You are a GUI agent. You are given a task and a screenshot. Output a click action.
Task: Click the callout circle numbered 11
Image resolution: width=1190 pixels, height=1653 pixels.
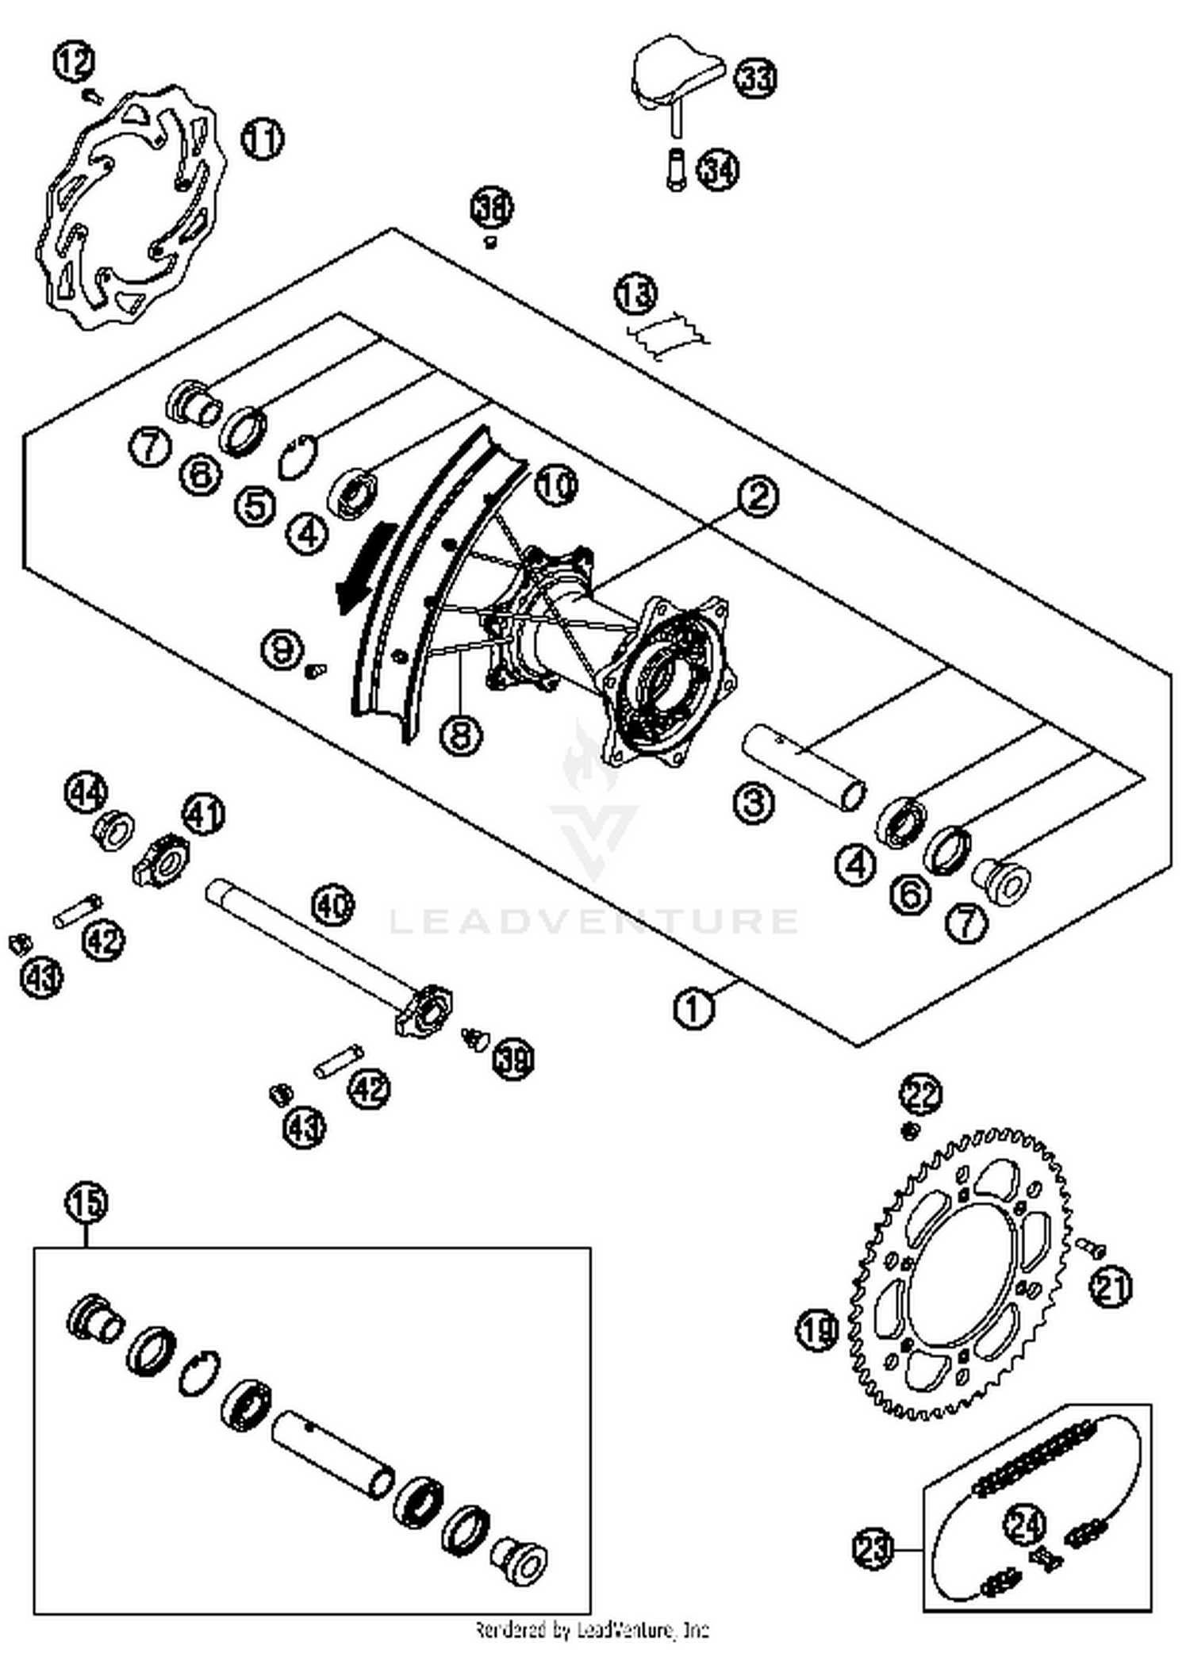coord(263,140)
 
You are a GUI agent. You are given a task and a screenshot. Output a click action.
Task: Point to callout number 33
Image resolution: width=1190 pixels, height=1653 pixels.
coord(754,78)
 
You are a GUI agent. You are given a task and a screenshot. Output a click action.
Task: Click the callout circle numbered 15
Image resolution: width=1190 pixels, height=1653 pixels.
coord(86,1202)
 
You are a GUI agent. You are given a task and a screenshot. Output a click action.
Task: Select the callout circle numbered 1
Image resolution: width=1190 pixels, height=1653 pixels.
coord(694,1009)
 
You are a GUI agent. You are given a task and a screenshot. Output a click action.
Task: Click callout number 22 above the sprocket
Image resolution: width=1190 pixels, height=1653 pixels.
coord(920,1095)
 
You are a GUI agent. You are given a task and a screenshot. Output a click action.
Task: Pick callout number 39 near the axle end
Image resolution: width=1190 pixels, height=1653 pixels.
coord(513,1058)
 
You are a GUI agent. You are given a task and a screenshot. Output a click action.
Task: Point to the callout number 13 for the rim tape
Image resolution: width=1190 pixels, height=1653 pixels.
coord(635,294)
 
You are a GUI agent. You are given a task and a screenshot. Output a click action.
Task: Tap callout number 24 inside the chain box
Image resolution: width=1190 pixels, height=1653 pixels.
coord(1025,1525)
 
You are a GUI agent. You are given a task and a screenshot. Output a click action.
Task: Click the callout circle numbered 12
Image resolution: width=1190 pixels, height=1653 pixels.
coord(75,62)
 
